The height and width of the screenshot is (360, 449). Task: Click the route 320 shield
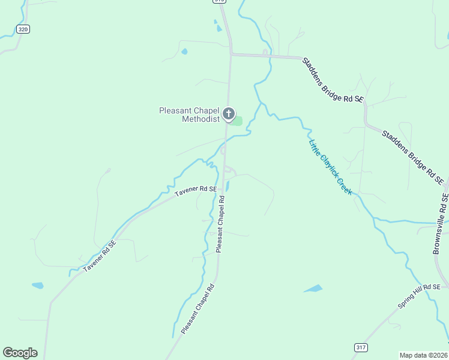[23, 29]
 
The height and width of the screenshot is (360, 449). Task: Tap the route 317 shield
[360, 347]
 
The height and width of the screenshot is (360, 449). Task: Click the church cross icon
[228, 113]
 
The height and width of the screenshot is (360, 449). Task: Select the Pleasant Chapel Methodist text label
[189, 115]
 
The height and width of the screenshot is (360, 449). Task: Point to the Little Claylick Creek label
[330, 167]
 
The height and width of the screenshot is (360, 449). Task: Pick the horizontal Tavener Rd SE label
[196, 190]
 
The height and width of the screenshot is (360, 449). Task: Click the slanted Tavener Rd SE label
[99, 255]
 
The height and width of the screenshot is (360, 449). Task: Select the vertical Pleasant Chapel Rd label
[220, 223]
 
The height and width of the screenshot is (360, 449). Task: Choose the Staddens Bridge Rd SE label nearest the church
[333, 80]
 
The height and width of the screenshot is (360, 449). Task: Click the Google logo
[20, 353]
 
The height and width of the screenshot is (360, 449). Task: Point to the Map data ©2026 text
[423, 355]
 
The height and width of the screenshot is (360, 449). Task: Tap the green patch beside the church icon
[238, 121]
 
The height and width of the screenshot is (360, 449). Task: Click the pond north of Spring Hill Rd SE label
[313, 289]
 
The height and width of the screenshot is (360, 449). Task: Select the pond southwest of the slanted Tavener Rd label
[37, 286]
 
